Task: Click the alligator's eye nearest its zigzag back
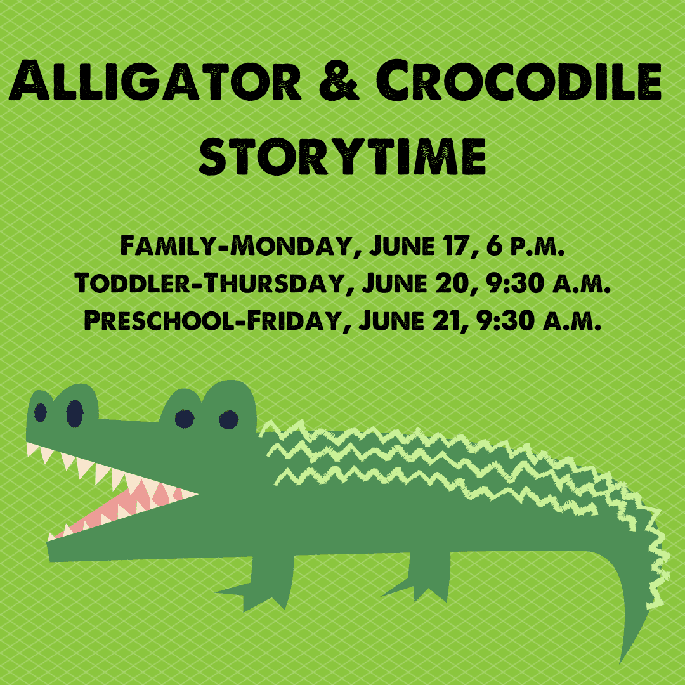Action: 228,420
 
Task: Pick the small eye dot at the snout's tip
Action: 41,413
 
